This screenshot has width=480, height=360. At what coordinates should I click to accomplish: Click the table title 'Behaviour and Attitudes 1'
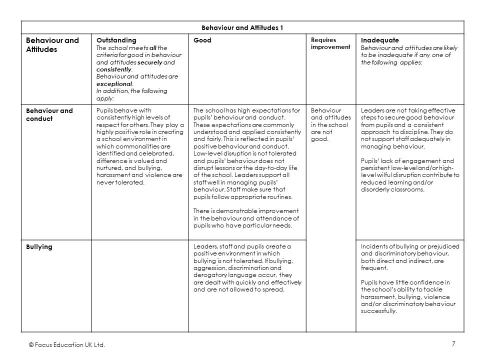point(242,27)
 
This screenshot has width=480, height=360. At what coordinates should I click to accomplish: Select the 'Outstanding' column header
point(116,40)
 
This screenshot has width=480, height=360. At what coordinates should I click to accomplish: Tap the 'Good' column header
point(202,40)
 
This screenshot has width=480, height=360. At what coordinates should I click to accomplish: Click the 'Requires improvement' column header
point(330,43)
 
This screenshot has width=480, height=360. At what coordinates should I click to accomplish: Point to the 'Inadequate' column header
point(380,40)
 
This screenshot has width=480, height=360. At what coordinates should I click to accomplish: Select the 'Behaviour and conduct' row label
point(49,114)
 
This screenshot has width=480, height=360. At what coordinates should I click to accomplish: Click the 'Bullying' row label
point(39,247)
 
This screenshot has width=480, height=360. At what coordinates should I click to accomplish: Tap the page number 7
point(453,343)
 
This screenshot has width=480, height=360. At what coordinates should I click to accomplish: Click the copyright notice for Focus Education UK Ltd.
point(67,345)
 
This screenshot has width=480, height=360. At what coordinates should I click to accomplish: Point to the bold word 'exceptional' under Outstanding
point(114,84)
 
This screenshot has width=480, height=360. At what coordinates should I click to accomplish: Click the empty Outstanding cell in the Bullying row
point(139,285)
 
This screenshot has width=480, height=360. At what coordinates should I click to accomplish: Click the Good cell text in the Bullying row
point(247,268)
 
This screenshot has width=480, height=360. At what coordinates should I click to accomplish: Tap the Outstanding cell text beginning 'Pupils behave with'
point(139,146)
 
